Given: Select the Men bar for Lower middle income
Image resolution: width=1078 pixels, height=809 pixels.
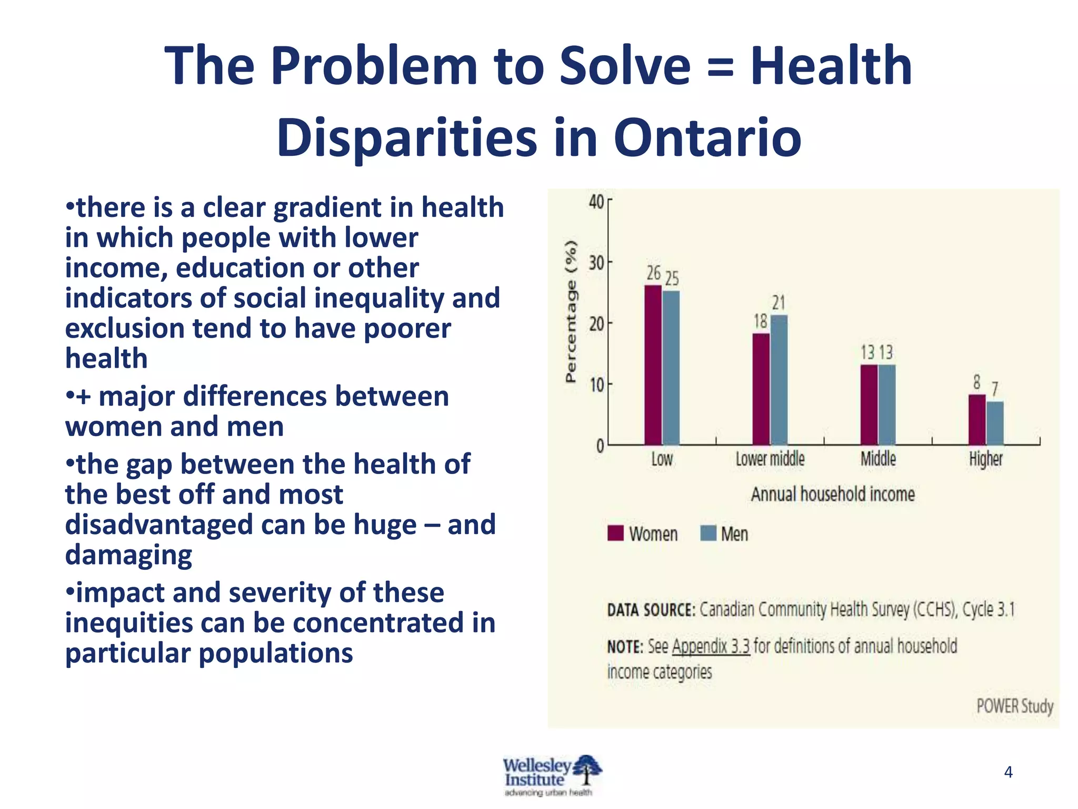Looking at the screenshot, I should (x=779, y=380).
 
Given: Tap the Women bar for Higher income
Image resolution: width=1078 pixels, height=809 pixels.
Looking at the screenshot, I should (x=977, y=420).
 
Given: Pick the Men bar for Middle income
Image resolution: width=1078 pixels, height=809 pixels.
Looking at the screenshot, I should (x=887, y=404).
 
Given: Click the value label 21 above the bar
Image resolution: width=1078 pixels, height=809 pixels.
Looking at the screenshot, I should (x=779, y=303).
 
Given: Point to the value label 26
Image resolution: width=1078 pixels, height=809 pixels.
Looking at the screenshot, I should (x=653, y=273).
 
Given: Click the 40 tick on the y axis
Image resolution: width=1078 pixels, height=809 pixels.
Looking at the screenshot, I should (x=597, y=201).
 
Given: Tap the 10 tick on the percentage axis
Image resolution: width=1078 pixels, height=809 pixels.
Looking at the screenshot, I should (x=597, y=385).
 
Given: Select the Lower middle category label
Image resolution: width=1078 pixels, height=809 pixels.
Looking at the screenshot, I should (x=770, y=459).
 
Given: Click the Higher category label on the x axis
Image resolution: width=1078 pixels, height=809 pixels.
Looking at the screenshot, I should (x=986, y=459).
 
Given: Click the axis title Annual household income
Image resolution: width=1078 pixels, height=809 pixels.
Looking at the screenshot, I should (x=833, y=494).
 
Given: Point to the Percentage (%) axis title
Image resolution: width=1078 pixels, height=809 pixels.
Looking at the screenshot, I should (x=571, y=311).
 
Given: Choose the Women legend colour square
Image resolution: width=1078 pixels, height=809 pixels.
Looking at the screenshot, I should (x=615, y=533).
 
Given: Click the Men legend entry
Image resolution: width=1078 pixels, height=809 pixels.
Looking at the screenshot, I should (x=734, y=534).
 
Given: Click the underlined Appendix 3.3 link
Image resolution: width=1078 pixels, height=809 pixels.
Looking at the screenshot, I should (x=711, y=646).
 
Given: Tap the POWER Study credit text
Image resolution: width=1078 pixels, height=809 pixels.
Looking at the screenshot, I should (x=1015, y=706).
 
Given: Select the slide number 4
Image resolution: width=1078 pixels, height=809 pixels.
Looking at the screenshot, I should (x=1009, y=772).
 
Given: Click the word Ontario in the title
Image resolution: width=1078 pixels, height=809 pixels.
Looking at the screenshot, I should (x=707, y=137).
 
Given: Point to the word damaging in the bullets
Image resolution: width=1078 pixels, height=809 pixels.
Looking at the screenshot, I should (x=128, y=555).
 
